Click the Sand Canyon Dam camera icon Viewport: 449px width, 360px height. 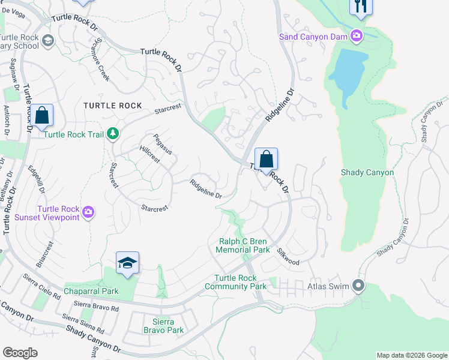point(357,37)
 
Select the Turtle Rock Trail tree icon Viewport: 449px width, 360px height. point(112,134)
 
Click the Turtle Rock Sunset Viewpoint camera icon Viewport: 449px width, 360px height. point(89,212)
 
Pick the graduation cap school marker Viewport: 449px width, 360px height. point(127,263)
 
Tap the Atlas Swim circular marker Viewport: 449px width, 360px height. point(359,286)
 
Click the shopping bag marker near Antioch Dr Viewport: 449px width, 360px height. point(42,116)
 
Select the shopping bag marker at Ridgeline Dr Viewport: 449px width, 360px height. point(266,160)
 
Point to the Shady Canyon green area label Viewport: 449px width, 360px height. point(367,173)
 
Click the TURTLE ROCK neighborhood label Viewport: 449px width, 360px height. point(113,106)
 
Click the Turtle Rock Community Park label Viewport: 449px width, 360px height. point(235,282)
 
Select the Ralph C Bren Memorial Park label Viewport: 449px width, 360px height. point(243,245)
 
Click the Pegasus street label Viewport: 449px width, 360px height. point(163,144)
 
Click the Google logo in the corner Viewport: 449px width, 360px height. point(20,353)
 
